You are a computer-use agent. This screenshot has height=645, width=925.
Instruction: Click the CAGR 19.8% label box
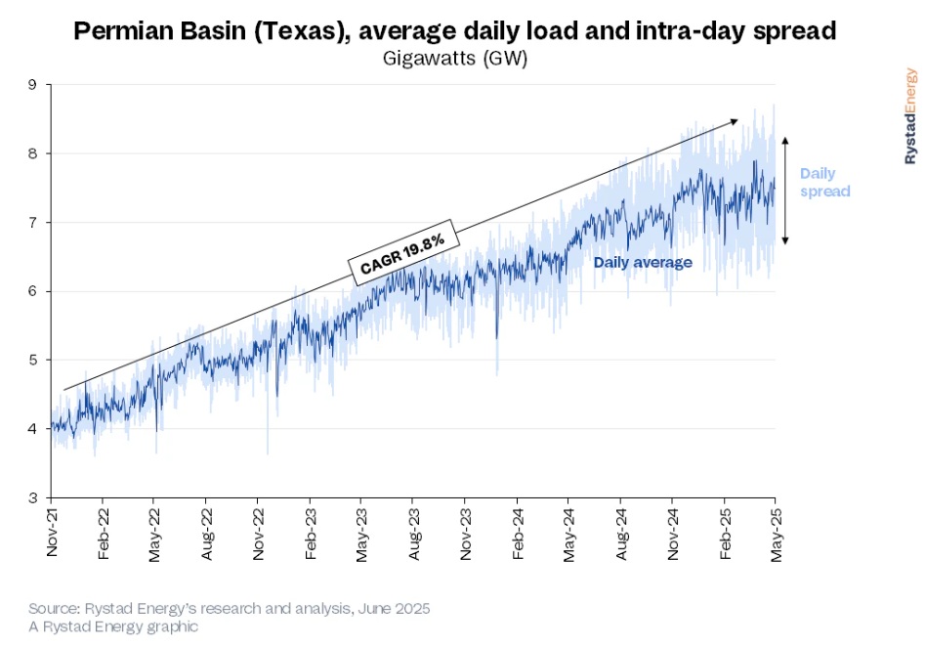coord(400,252)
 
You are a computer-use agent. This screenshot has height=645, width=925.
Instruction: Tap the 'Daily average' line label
coord(643,262)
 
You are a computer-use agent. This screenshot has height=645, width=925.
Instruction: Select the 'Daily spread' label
coord(824,183)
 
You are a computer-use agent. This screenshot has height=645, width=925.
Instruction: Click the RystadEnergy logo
coord(910,115)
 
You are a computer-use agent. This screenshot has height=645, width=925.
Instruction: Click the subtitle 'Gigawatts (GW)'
coord(455,59)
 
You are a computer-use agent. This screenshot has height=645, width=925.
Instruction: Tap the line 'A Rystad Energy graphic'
coord(113,626)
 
